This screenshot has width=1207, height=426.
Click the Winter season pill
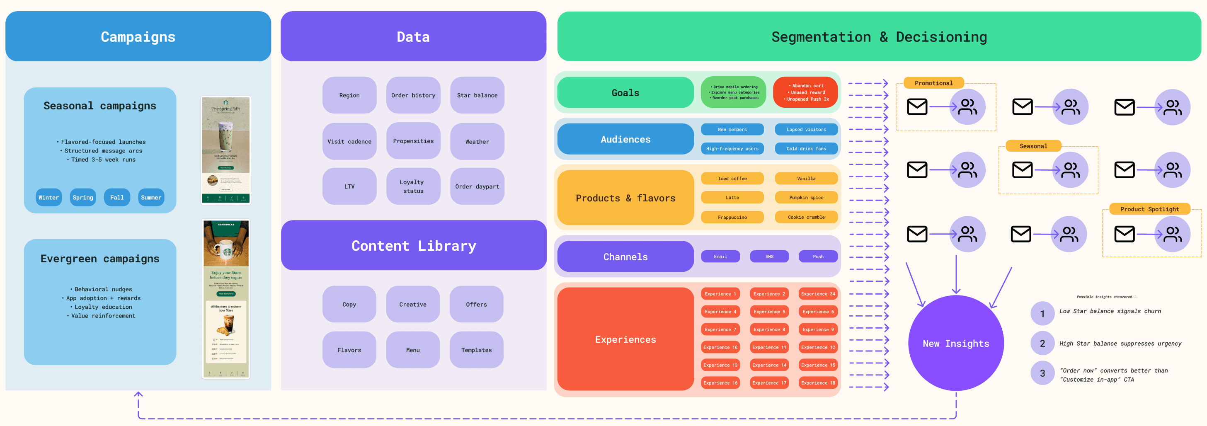(x=49, y=197)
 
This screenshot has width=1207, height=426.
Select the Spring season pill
(x=83, y=197)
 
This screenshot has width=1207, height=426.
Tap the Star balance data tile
(x=477, y=95)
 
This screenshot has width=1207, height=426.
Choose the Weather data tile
(x=477, y=142)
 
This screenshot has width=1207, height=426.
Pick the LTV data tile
(x=349, y=186)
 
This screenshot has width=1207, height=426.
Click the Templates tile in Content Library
(x=476, y=350)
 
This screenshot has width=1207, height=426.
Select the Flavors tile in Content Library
(x=349, y=350)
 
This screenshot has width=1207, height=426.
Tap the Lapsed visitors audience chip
(x=806, y=129)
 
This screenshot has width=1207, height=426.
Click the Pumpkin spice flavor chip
(x=806, y=197)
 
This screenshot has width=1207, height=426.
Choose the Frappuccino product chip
(x=732, y=217)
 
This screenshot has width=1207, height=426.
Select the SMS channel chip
(x=769, y=257)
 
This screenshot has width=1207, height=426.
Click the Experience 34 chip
(x=818, y=294)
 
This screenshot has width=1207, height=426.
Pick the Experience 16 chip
(x=720, y=383)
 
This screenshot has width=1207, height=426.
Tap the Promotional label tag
(x=933, y=83)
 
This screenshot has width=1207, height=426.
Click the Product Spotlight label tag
(x=1149, y=209)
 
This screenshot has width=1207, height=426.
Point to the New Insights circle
(x=955, y=343)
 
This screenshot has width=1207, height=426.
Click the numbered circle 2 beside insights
(x=1042, y=344)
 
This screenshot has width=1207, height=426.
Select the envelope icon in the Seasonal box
(x=1022, y=169)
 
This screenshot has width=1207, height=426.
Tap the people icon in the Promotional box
(x=967, y=107)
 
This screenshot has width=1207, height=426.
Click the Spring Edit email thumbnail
(x=226, y=150)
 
